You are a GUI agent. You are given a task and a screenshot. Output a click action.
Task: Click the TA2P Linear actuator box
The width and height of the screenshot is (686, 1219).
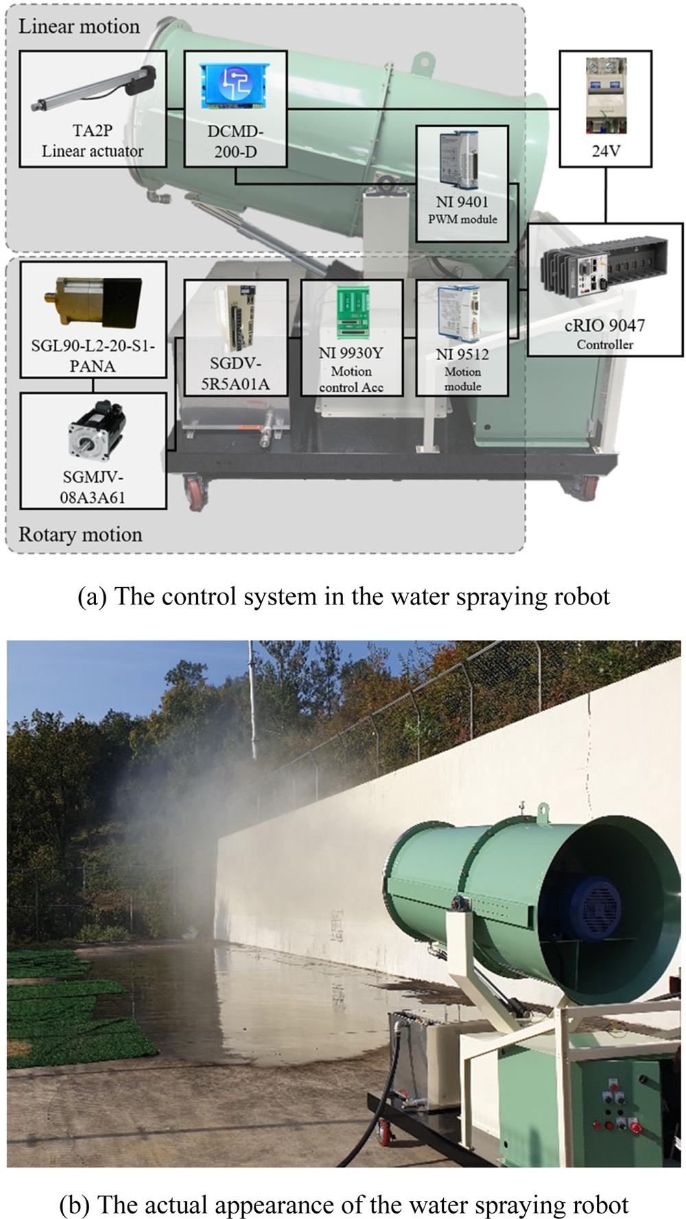pos(93,108)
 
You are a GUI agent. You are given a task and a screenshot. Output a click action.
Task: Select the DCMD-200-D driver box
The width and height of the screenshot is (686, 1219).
pos(235,108)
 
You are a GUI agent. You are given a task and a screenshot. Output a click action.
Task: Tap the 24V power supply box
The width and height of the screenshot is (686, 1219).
pos(605,108)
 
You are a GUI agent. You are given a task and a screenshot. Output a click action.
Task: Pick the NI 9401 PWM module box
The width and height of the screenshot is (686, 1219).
pos(462,182)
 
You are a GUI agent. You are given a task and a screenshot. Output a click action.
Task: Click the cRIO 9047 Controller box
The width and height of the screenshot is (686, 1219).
pos(605,289)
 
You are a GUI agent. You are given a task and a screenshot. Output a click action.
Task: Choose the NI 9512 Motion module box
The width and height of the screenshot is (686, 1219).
pos(462,337)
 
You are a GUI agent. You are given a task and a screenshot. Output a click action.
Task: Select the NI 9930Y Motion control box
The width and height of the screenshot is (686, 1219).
pos(351,337)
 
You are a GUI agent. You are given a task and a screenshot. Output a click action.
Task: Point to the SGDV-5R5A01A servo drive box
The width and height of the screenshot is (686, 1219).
pos(235,337)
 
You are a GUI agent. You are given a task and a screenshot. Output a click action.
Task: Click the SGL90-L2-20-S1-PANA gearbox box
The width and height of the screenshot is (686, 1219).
pos(93,319)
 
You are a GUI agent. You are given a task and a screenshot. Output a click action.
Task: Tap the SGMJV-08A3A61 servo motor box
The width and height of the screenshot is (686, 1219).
pos(93,450)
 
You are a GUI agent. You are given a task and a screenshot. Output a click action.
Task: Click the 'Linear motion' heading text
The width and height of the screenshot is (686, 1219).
pos(79,27)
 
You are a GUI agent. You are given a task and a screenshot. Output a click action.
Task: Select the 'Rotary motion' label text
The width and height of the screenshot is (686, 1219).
pos(80,534)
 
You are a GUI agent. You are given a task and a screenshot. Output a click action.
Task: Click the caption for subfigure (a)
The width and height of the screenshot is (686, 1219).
pos(343,596)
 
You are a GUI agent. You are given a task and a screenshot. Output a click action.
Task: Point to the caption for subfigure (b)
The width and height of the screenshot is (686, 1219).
pos(343,1205)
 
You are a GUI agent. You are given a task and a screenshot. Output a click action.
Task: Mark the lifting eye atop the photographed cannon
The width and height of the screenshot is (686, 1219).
pos(543,809)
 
